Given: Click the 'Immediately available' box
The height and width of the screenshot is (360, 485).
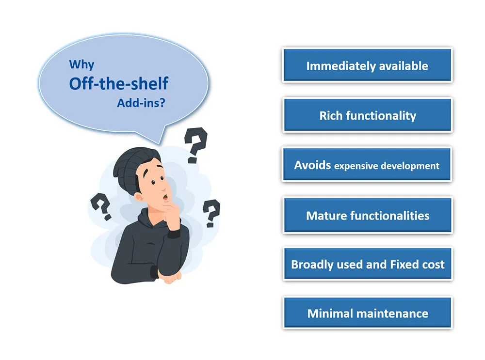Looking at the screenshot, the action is point(367,65).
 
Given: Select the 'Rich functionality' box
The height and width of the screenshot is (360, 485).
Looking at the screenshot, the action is point(367,115).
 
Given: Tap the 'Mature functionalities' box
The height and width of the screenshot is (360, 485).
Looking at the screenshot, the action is point(367,216).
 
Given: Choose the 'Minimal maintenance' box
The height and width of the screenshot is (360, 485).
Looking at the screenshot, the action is point(367,313).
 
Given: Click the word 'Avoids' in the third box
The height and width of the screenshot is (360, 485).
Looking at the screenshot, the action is point(312,165).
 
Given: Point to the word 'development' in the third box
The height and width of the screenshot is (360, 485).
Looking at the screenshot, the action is point(410,166).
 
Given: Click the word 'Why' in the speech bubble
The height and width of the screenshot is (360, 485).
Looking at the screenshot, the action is point(81,64).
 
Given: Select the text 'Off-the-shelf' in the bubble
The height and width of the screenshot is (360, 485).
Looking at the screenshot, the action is point(118,83).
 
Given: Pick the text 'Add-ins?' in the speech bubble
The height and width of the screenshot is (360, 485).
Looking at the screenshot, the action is point(141,103).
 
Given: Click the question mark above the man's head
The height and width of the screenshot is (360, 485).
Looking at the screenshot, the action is point(196,144).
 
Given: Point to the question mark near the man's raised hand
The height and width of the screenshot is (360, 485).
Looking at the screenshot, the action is point(211,213).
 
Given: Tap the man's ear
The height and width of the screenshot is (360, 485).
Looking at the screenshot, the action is point(139,197).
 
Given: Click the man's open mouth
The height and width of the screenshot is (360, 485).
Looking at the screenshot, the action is point(165,197).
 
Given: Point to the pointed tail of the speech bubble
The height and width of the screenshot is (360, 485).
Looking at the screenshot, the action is point(160,144).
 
